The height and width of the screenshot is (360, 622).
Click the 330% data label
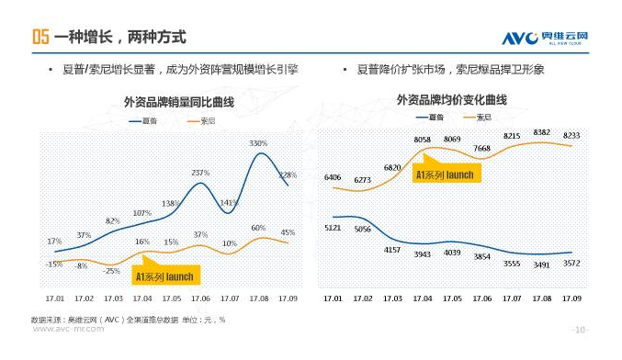point(257,143)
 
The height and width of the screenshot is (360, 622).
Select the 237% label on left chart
point(200,173)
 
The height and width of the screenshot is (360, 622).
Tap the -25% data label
point(113,271)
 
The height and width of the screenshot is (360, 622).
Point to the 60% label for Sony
point(258,228)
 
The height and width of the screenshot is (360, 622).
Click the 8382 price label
point(541,132)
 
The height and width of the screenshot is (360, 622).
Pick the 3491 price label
point(541,264)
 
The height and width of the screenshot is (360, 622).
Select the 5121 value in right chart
point(333,226)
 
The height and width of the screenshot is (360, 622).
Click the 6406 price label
point(333,176)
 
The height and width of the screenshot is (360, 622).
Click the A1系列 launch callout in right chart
point(445,174)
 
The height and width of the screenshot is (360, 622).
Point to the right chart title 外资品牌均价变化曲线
point(451,99)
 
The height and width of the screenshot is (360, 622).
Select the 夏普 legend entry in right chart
point(429,117)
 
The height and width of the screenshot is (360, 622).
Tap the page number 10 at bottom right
point(580,329)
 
